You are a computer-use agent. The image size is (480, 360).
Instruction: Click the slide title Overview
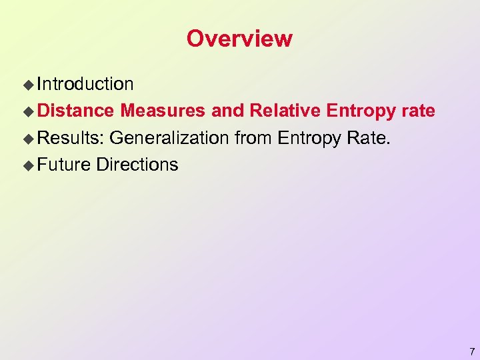coord(239,39)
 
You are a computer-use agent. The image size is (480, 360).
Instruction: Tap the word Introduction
coord(85,84)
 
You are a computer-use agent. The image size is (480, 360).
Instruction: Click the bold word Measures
coord(163,111)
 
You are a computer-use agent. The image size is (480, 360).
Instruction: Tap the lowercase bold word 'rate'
coord(418,111)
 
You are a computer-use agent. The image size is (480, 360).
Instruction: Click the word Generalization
coord(172,138)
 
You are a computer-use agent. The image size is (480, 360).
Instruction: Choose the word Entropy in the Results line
coord(308,139)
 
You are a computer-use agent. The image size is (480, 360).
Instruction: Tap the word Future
coord(64,165)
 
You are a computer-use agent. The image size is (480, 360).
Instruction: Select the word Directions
coord(137,165)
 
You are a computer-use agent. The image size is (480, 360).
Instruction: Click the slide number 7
coord(472,351)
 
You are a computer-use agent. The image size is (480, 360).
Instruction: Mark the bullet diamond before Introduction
coord(28,85)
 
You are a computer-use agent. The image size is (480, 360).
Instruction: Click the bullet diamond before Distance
coord(28,111)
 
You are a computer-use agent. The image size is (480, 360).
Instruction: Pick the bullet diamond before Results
coord(28,139)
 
